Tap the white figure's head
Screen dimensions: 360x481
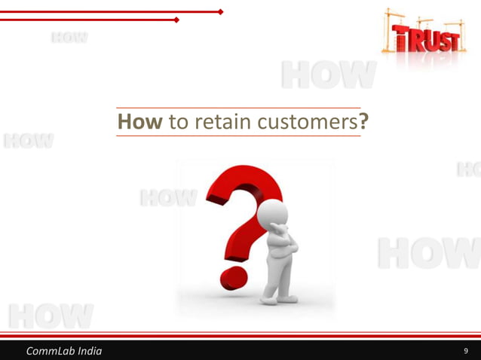pyautogui.click(x=276, y=212)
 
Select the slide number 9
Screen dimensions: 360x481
pyautogui.click(x=467, y=351)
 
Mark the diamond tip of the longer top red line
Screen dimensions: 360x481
pyautogui.click(x=221, y=12)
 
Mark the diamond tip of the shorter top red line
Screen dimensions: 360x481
pyautogui.click(x=176, y=20)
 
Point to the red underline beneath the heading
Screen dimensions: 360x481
pyautogui.click(x=238, y=136)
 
